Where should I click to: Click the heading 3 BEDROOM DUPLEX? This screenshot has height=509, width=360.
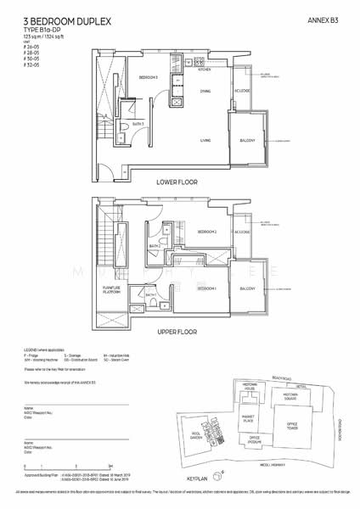coord(52,18)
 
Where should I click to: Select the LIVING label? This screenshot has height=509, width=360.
coord(205,140)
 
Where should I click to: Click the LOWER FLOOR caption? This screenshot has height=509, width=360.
coord(178,182)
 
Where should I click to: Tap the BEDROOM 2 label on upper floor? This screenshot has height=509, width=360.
coord(207,232)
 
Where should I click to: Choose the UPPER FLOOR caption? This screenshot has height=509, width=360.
coord(178,333)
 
